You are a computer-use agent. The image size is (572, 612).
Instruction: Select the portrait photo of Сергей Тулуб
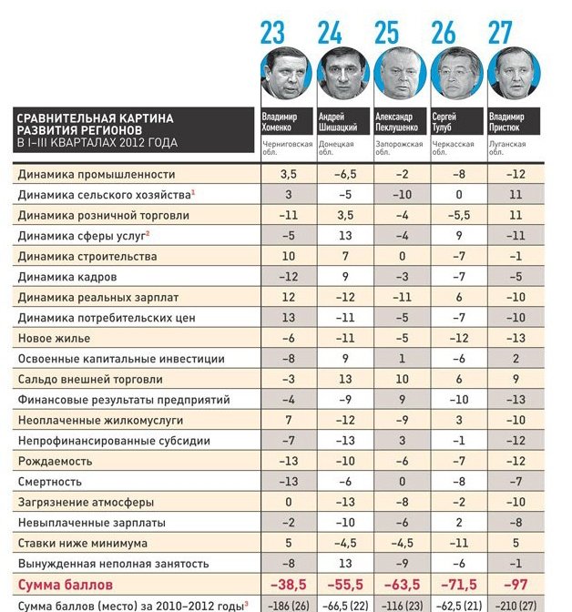click(x=455, y=73)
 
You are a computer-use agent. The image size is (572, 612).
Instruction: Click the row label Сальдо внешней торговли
click(x=93, y=379)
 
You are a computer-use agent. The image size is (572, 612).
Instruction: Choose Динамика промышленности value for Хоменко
click(x=288, y=174)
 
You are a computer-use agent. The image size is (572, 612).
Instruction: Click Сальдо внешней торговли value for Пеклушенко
click(x=401, y=379)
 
